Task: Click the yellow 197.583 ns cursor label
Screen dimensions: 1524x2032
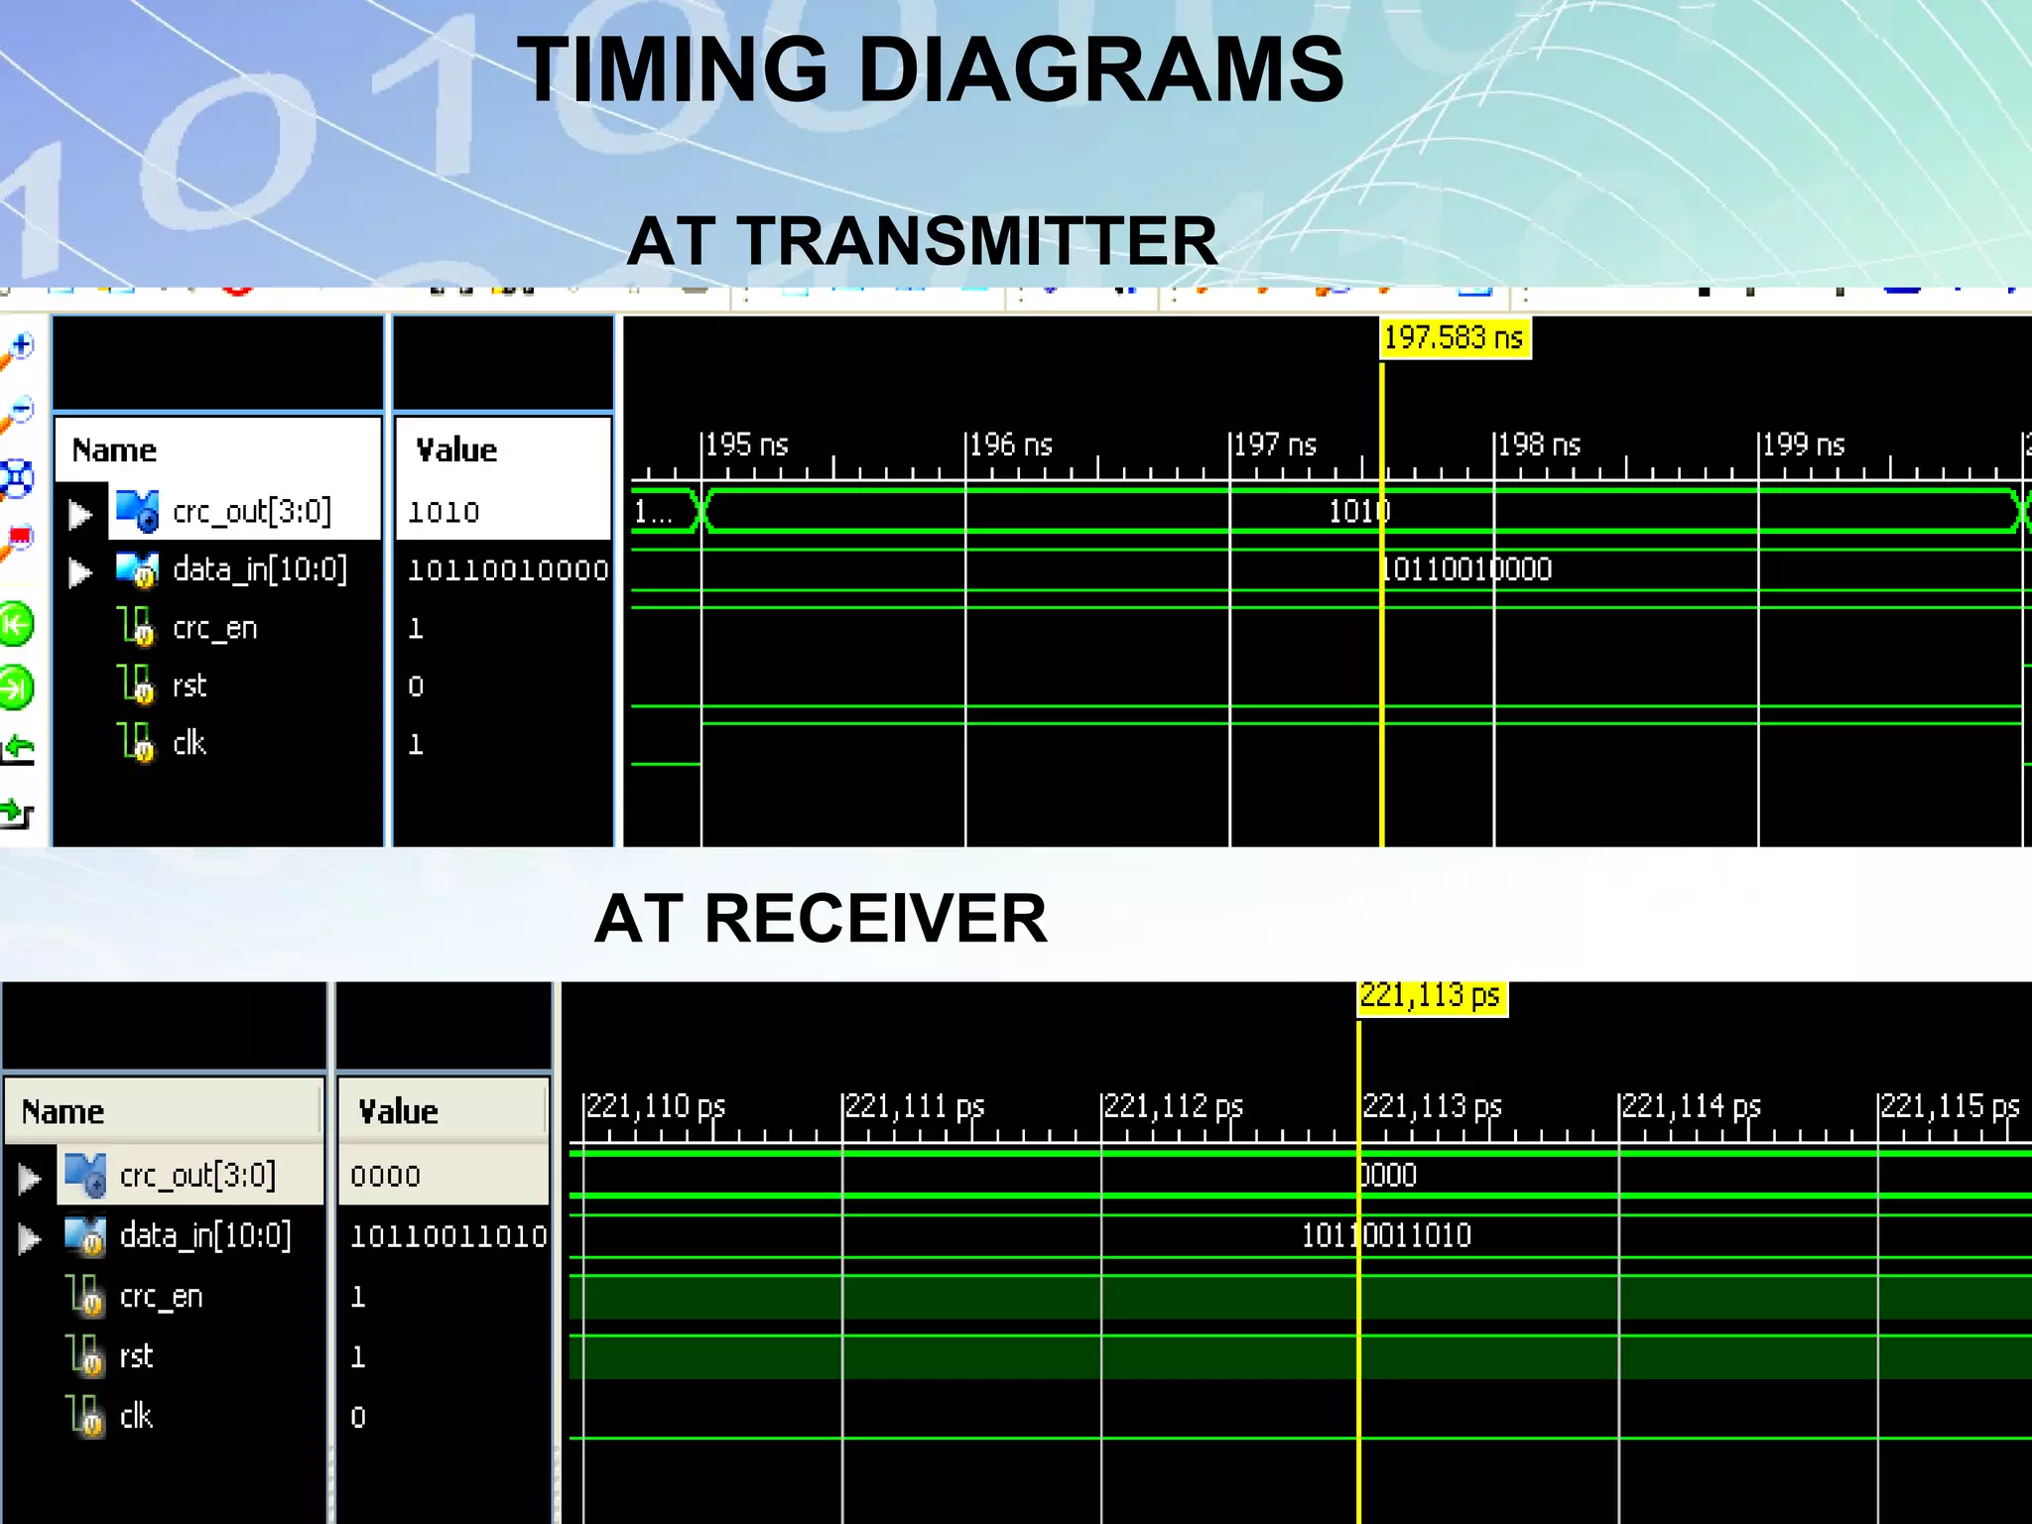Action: coord(1455,338)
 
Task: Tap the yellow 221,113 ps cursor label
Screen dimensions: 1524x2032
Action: coord(1431,996)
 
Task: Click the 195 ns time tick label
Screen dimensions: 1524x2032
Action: coord(746,444)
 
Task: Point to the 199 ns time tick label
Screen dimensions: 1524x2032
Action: coord(1803,444)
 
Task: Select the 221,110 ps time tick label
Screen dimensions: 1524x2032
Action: coord(656,1106)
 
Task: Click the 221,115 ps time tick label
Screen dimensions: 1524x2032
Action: coord(1950,1106)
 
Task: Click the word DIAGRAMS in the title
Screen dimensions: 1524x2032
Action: coord(1100,69)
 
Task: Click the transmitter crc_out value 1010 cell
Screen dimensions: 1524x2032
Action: coord(444,512)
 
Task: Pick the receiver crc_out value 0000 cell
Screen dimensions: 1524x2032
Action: coord(386,1176)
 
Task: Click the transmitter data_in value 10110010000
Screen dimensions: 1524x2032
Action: coord(508,571)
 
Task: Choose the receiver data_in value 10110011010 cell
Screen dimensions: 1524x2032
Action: coord(448,1236)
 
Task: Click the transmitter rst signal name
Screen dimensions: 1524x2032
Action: coord(190,686)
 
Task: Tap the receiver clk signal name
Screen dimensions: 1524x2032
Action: coord(136,1416)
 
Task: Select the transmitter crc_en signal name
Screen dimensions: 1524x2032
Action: coord(214,628)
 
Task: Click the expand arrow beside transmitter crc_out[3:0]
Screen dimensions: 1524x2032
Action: coord(80,514)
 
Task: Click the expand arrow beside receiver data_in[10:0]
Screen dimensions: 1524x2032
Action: coord(30,1238)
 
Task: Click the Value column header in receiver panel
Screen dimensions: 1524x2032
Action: coord(399,1111)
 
